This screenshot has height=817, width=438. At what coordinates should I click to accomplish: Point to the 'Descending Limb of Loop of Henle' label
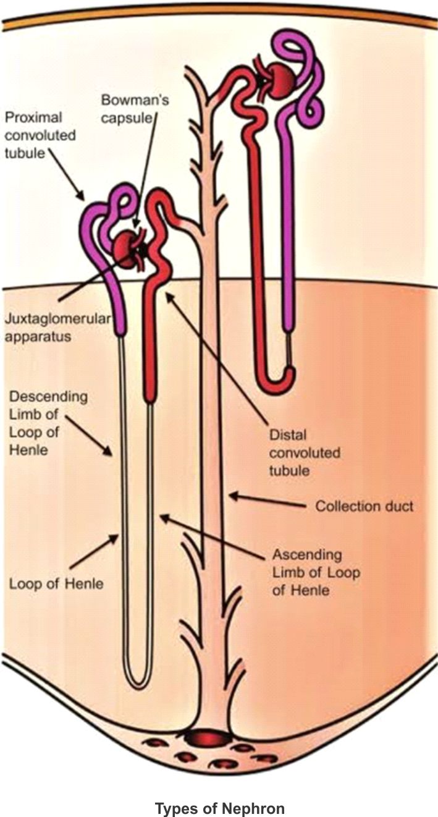pos(48,422)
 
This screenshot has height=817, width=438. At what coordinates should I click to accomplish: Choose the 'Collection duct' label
pos(364,506)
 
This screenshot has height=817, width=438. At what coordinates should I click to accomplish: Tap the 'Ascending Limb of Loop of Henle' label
pos(316,572)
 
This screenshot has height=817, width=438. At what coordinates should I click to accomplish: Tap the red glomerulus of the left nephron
pos(128,248)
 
